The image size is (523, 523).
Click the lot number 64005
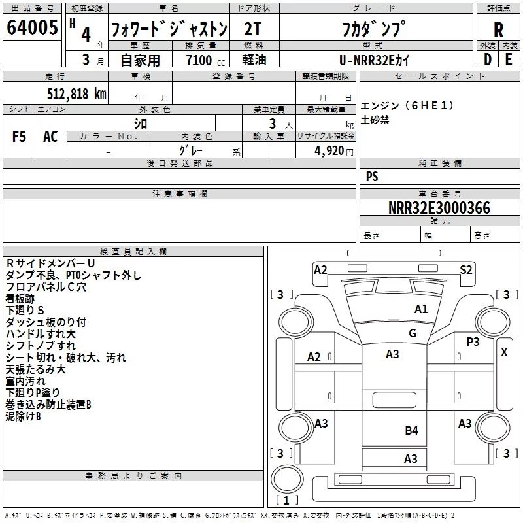pos(32,27)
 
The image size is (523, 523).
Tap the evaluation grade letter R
pos(498,30)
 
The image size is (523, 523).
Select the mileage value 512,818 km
pos(76,93)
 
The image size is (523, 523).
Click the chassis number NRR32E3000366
pos(439,208)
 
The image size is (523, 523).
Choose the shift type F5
pos(19,137)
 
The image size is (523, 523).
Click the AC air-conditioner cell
pos(50,137)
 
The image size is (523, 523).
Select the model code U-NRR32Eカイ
pos(374,60)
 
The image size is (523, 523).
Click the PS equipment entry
pos(372,176)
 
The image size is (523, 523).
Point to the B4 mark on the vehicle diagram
pos(411,431)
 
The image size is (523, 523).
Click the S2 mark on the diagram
pos(465,269)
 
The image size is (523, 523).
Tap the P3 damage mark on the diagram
pos(473,341)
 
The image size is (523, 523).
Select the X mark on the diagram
pos(504,352)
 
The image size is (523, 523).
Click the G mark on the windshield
pos(413,333)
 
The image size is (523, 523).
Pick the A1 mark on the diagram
pos(421,309)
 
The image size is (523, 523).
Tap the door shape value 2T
pos(252,29)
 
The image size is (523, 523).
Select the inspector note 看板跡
pos(20,299)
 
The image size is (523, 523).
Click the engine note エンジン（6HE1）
pos(407,105)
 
